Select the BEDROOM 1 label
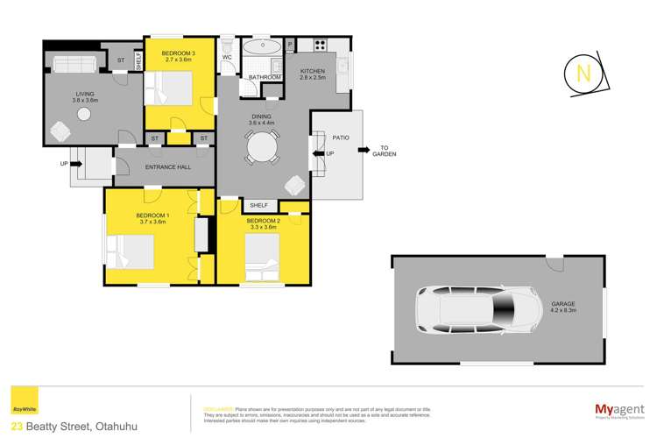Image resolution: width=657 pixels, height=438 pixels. coord(152,215)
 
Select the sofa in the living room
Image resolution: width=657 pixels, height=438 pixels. coord(75,64)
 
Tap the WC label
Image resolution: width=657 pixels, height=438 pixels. coord(226,58)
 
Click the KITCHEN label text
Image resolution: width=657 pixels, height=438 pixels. coord(313,71)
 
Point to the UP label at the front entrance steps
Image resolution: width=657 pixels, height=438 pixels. coord(64,164)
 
